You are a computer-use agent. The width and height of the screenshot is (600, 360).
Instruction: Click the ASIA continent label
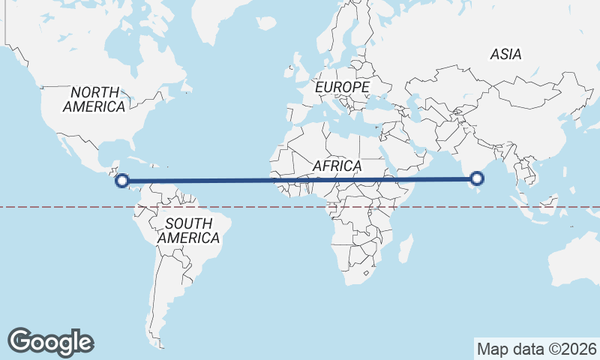tap(505, 54)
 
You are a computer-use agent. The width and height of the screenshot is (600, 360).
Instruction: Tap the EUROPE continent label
tap(342, 88)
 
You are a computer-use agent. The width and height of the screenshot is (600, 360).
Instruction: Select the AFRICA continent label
tap(337, 165)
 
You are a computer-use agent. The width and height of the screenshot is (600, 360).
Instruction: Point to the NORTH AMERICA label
tap(94, 99)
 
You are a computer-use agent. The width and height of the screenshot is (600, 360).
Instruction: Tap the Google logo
tap(50, 341)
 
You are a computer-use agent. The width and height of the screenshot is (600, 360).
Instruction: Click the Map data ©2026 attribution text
tap(536, 349)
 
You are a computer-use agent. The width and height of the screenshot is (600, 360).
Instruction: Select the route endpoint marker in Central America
tap(121, 180)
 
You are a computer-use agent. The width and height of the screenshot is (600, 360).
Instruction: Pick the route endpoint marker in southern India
tap(476, 178)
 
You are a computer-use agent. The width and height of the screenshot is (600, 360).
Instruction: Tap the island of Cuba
tap(139, 160)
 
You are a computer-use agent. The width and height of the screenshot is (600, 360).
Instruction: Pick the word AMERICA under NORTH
tap(94, 106)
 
